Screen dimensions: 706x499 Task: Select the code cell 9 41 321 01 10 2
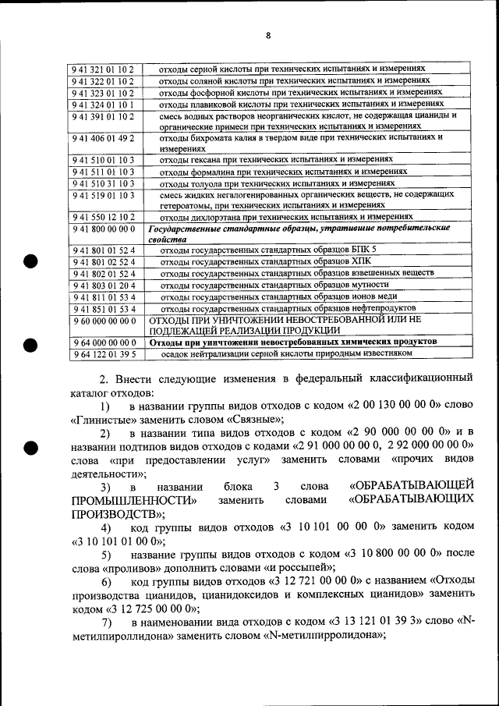[x=103, y=69]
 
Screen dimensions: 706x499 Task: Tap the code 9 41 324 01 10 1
[x=103, y=104]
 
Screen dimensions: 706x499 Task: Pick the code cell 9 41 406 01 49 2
[x=103, y=137]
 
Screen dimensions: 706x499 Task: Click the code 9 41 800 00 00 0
[x=103, y=229]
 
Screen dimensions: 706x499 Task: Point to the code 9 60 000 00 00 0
[x=103, y=321]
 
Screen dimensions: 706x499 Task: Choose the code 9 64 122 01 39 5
[x=103, y=353]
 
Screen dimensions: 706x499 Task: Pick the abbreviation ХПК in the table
[x=362, y=262]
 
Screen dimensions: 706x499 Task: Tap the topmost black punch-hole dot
[x=30, y=261]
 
